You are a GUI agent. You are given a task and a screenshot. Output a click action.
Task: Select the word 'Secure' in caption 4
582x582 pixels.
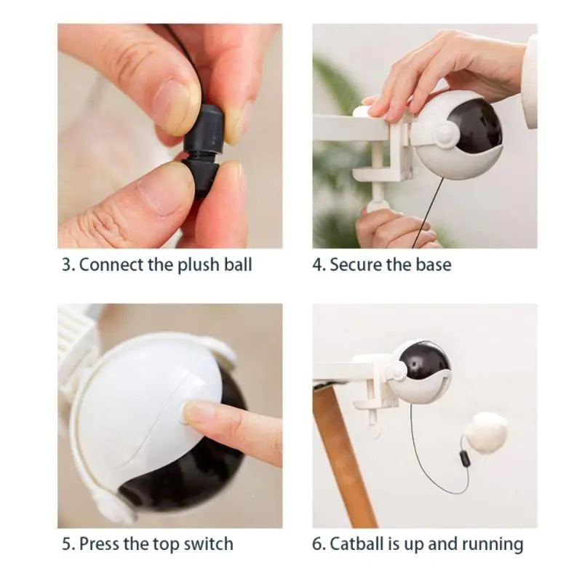click(x=358, y=265)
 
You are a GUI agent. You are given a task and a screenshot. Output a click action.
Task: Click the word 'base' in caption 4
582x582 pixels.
click(x=434, y=265)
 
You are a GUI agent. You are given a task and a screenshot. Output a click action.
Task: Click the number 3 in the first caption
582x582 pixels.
click(x=66, y=265)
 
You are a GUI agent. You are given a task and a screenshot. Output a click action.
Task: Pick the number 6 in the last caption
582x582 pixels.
click(x=317, y=543)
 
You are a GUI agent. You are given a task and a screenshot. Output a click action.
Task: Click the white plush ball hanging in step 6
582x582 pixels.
click(x=486, y=432)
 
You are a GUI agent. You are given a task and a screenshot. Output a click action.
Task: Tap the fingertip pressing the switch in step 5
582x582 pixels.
click(x=196, y=415)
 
